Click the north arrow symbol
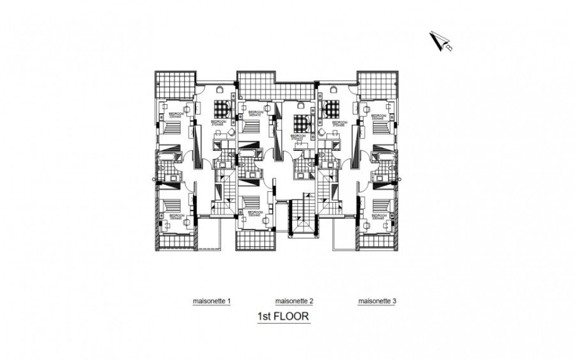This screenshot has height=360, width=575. click(x=440, y=41)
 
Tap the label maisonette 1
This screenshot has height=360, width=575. click(x=212, y=301)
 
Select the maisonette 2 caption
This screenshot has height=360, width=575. click(x=294, y=301)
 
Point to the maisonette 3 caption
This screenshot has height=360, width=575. click(x=378, y=301)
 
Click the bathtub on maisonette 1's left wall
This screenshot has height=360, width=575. click(x=165, y=157)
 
